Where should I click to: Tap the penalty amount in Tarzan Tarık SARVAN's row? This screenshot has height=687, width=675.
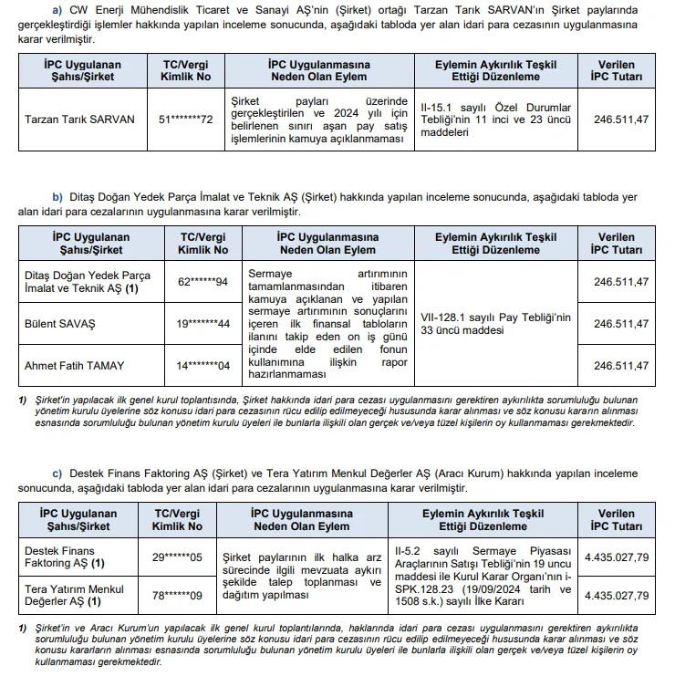(621, 120)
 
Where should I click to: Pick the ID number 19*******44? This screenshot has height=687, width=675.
(202, 324)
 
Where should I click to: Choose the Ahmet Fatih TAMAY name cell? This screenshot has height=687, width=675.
(74, 366)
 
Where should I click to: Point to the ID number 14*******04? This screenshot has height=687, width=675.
(202, 366)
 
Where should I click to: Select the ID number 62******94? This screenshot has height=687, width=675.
(202, 281)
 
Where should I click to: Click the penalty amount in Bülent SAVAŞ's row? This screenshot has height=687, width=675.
(621, 324)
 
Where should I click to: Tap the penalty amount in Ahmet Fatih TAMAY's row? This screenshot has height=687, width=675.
(621, 366)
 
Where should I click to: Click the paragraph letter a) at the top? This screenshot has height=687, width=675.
(59, 9)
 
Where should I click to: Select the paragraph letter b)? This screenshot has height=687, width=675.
(57, 197)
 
